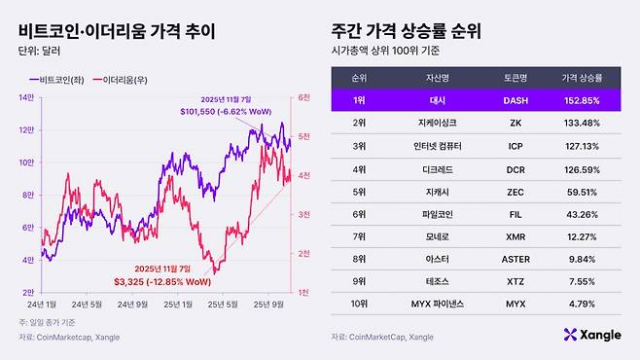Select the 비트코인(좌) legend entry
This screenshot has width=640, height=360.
62,78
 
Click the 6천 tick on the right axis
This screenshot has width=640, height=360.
303,97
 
